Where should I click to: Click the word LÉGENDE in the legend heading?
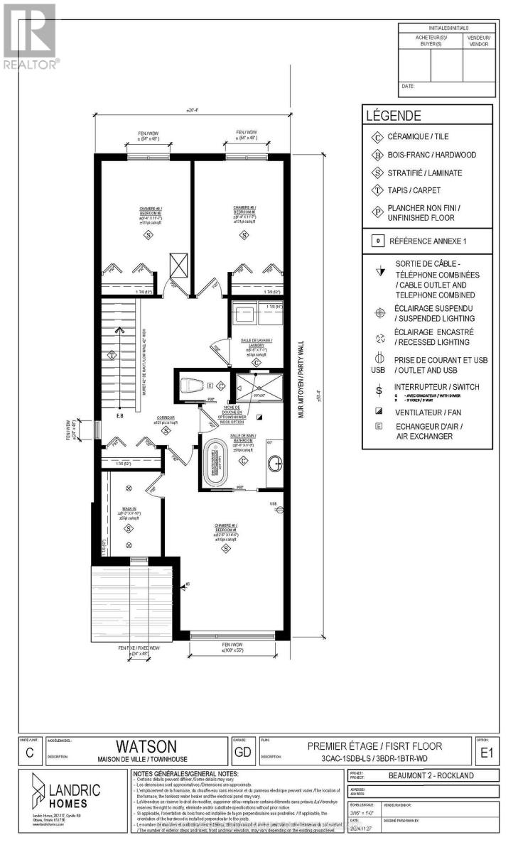pyautogui.click(x=393, y=116)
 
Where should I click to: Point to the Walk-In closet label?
pyautogui.click(x=128, y=509)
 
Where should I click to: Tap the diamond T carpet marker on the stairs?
pyautogui.click(x=112, y=354)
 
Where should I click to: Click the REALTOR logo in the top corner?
pyautogui.click(x=30, y=35)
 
